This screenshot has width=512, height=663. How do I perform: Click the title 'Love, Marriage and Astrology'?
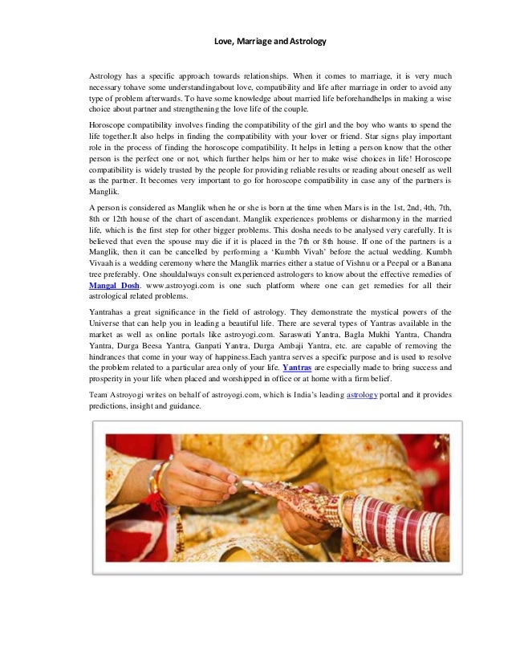(257, 39)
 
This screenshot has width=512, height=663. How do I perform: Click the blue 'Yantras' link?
(298, 366)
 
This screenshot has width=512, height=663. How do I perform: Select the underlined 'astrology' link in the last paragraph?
(361, 395)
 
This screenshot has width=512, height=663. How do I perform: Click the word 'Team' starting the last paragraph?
(100, 395)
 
